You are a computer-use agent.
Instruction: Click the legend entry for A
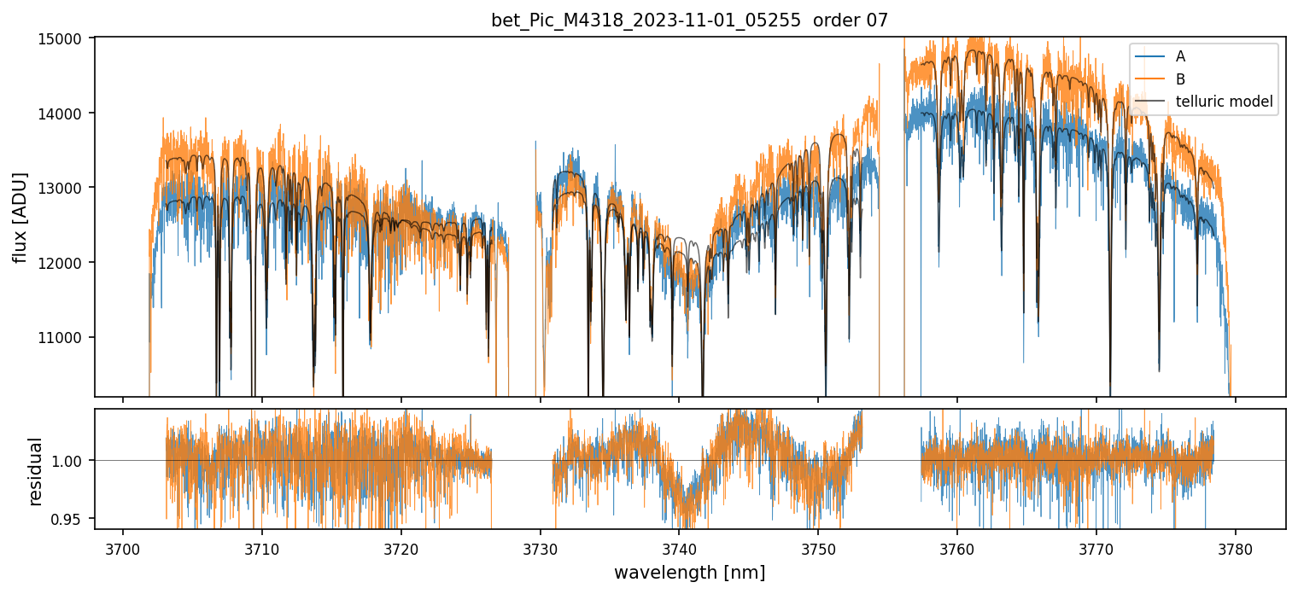[x=1180, y=56]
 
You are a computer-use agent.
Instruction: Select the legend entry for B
[x=1180, y=79]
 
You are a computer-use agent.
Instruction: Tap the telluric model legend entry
[x=1224, y=102]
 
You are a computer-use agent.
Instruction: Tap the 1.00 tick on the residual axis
[x=72, y=461]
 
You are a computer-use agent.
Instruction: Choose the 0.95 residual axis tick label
[x=72, y=519]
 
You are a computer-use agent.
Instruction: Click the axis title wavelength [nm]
[x=689, y=573]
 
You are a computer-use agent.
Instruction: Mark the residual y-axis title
[x=36, y=471]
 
